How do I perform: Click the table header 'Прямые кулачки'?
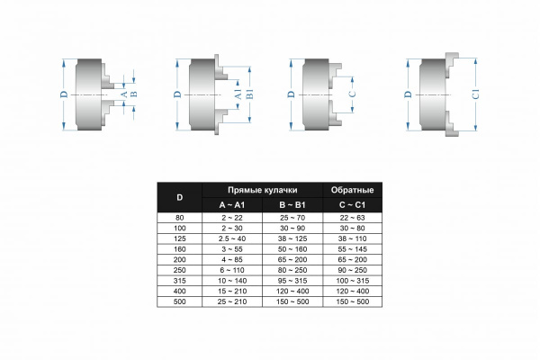coord(262,190)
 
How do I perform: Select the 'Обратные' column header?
coord(352,190)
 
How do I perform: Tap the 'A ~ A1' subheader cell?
coord(232,205)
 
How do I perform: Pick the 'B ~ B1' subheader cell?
coord(292,205)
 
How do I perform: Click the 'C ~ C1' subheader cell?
coord(352,205)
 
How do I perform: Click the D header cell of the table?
coord(179,197)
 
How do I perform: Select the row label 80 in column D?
coord(179,218)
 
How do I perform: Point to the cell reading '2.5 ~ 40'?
coord(232,238)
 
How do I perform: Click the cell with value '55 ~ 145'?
coord(352,249)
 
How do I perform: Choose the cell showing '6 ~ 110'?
coord(232,270)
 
